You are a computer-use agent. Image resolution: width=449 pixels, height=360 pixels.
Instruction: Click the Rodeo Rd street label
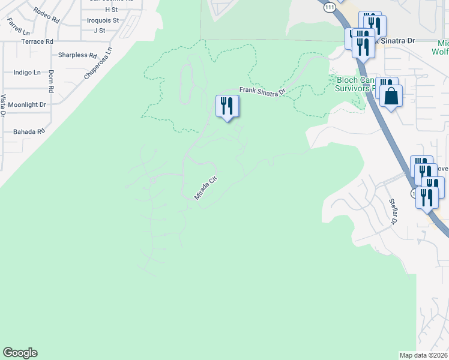pos(47,15)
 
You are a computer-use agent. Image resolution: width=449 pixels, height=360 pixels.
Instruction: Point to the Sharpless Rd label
pos(77,55)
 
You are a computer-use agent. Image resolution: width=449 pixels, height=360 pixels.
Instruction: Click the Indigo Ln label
pos(27,73)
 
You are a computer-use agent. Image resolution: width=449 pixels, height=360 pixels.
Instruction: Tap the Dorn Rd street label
pos(51,81)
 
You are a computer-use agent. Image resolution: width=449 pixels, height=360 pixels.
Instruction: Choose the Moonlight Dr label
pos(26,104)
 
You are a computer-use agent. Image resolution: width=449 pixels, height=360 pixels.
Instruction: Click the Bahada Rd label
pos(29,131)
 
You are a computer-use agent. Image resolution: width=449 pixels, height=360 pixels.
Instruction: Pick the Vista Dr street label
pos(4,105)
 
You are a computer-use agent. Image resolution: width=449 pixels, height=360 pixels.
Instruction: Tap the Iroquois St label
pos(103,20)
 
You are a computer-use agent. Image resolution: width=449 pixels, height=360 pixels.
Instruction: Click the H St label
pos(111,10)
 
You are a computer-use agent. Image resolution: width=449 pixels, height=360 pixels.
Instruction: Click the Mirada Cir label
pos(205,188)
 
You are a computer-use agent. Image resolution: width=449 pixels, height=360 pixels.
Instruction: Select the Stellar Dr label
pos(394,211)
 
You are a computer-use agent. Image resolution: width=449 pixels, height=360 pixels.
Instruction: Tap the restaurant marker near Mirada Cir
pos(227,106)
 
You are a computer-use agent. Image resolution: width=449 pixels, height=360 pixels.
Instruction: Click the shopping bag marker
pos(391,96)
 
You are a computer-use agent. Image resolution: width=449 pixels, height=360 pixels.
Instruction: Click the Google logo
pos(20,353)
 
